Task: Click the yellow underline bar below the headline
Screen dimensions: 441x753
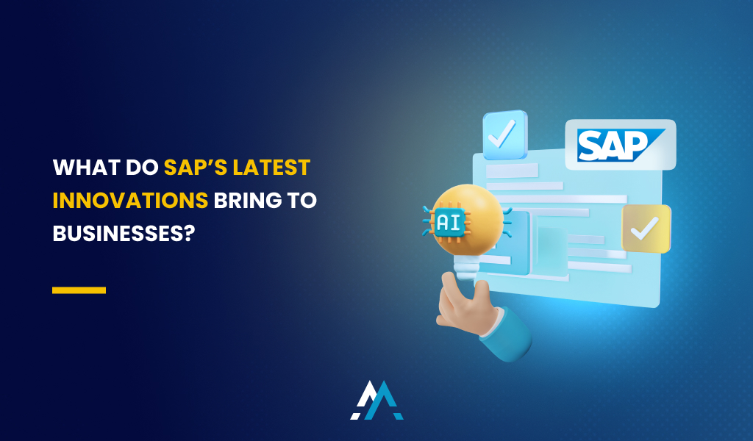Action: point(79,290)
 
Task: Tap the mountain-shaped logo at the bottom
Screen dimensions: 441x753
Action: point(376,401)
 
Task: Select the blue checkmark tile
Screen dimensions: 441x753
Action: point(505,135)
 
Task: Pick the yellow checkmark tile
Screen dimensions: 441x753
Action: point(646,229)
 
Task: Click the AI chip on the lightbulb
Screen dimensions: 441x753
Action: point(449,220)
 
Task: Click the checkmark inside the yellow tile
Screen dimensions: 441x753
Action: point(646,229)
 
